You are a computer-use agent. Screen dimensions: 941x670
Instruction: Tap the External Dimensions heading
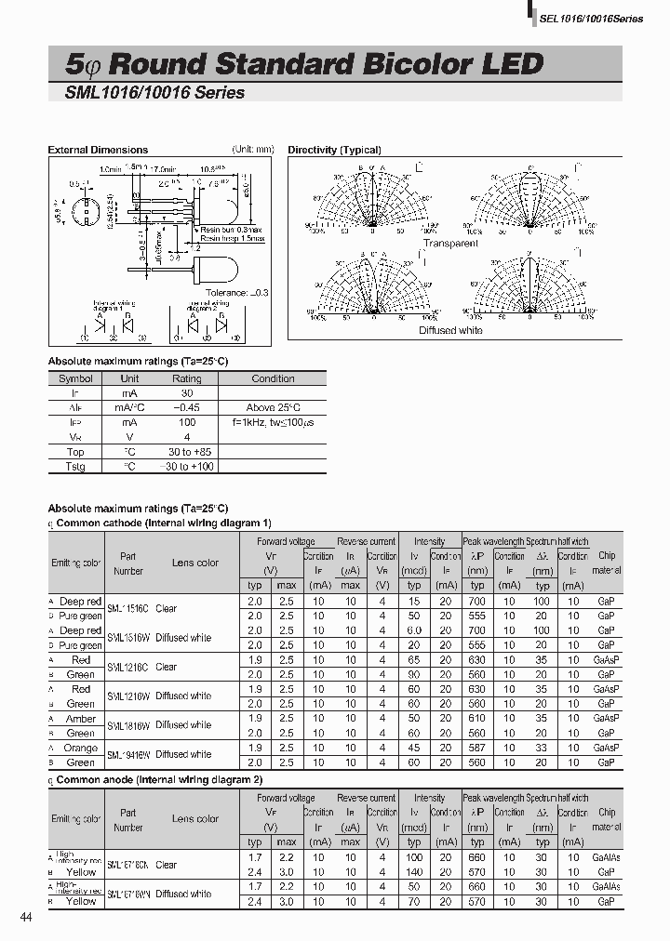click(98, 150)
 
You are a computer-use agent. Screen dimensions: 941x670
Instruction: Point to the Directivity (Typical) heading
click(335, 150)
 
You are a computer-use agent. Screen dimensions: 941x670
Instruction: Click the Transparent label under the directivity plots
click(450, 244)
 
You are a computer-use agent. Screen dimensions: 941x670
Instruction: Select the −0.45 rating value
click(186, 407)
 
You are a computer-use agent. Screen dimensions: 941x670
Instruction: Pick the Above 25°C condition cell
click(273, 407)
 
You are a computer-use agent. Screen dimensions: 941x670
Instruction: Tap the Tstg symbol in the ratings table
click(75, 467)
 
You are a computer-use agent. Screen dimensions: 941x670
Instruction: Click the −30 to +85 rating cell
click(186, 452)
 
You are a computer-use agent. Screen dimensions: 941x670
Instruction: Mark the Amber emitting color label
click(81, 719)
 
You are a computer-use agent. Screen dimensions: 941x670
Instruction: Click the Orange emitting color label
click(81, 748)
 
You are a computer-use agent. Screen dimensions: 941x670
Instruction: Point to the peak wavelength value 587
click(477, 748)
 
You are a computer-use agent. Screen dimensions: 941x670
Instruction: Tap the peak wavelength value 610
click(477, 719)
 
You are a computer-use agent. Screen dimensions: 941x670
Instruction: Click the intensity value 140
click(414, 872)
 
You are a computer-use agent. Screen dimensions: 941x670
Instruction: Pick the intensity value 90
click(414, 674)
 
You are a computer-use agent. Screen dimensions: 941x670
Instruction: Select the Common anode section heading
click(159, 779)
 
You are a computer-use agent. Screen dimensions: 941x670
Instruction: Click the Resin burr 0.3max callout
click(232, 229)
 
